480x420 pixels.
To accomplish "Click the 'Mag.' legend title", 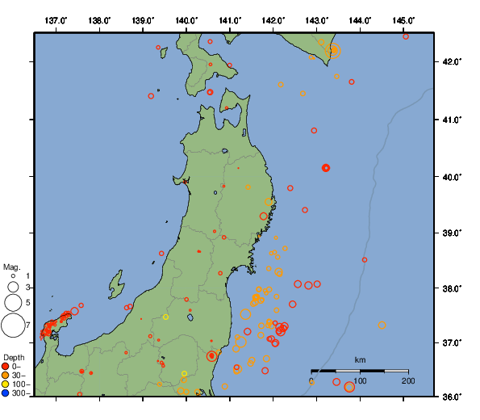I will pos(11,267).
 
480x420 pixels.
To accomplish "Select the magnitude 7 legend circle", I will pos(12,325).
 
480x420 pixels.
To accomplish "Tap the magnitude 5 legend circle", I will pos(12,303).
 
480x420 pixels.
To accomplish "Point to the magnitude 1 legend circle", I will pos(13,276).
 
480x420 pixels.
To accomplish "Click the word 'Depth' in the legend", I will pos(14,357).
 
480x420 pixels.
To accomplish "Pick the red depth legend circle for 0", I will pos(6,367).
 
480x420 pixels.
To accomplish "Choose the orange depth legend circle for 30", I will pos(6,376).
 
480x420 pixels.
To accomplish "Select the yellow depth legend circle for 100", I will pos(6,384).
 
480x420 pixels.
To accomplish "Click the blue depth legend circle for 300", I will pos(6,393).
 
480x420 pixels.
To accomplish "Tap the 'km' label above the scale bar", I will pos(360,359).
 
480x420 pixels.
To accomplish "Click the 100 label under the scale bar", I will pos(360,380).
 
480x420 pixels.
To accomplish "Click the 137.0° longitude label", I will pos(56,20).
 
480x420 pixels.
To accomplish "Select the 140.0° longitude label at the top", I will pos(186,20).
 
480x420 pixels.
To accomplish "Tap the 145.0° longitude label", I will pos(403,20).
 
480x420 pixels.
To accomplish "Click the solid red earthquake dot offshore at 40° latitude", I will pos(326,168).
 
